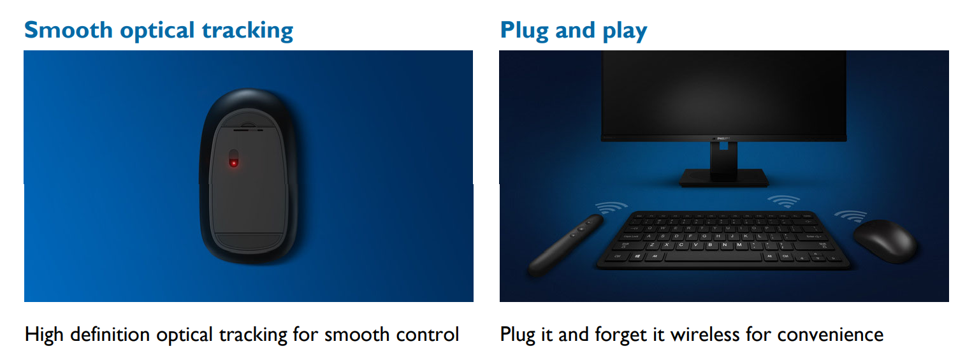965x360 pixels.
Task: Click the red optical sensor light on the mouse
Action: coord(233,162)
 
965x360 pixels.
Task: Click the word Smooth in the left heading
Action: coord(68,30)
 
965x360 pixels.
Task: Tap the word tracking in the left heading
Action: coord(248,31)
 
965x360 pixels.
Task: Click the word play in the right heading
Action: coord(625,31)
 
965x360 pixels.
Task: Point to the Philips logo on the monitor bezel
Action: coord(723,138)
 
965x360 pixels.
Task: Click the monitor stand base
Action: coord(724,178)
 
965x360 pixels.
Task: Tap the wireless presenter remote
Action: coord(565,245)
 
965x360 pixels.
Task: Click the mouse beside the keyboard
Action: coord(885,241)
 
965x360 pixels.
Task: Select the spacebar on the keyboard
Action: coord(713,257)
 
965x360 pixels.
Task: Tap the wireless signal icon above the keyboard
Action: coord(784,201)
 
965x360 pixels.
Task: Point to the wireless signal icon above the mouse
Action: coord(851,215)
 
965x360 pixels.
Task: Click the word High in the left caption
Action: coord(45,335)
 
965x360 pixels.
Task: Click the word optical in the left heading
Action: coord(157,31)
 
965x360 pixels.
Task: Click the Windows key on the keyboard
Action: coord(637,256)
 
